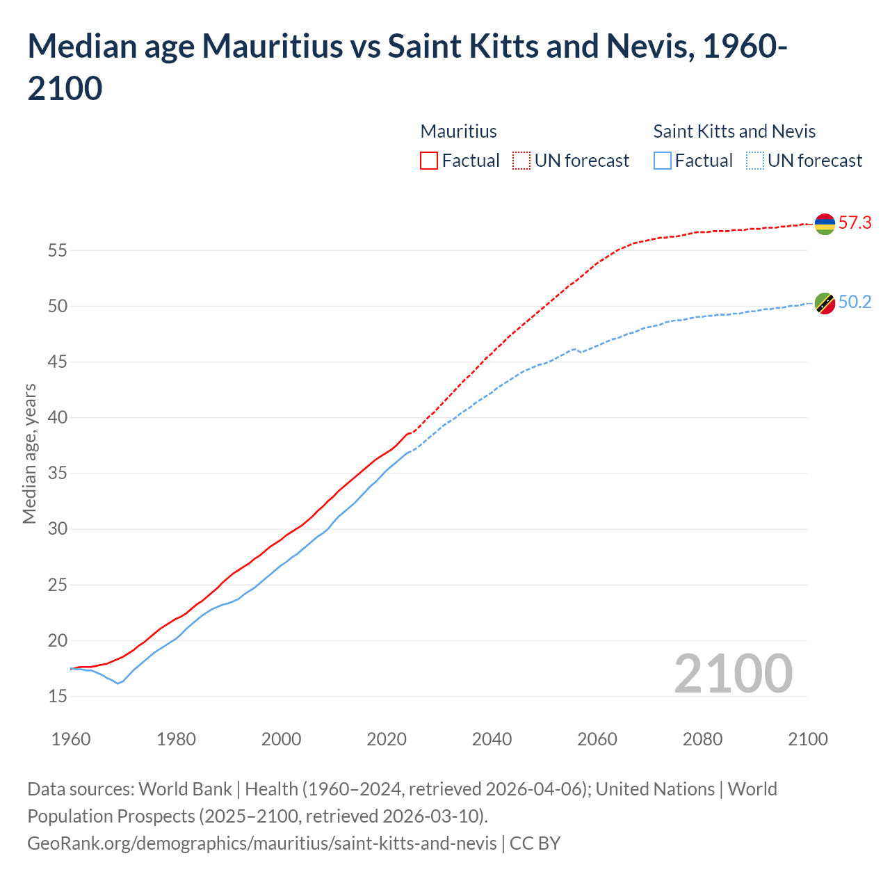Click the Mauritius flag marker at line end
coord(825,224)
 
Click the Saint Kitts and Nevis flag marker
coord(825,303)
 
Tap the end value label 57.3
coord(855,223)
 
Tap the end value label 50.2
coord(855,302)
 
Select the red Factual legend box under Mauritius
coord(429,161)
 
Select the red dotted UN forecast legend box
coord(521,161)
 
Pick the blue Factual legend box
coord(663,161)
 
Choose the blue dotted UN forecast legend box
coord(755,161)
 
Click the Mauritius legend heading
coord(458,131)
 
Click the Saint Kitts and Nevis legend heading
coord(734,131)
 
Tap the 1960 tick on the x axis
coord(71,739)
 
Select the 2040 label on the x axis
coord(492,739)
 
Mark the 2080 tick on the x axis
coord(702,739)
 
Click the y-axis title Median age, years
coord(29,453)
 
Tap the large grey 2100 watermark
coord(733,674)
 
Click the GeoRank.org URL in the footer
coord(261,843)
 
